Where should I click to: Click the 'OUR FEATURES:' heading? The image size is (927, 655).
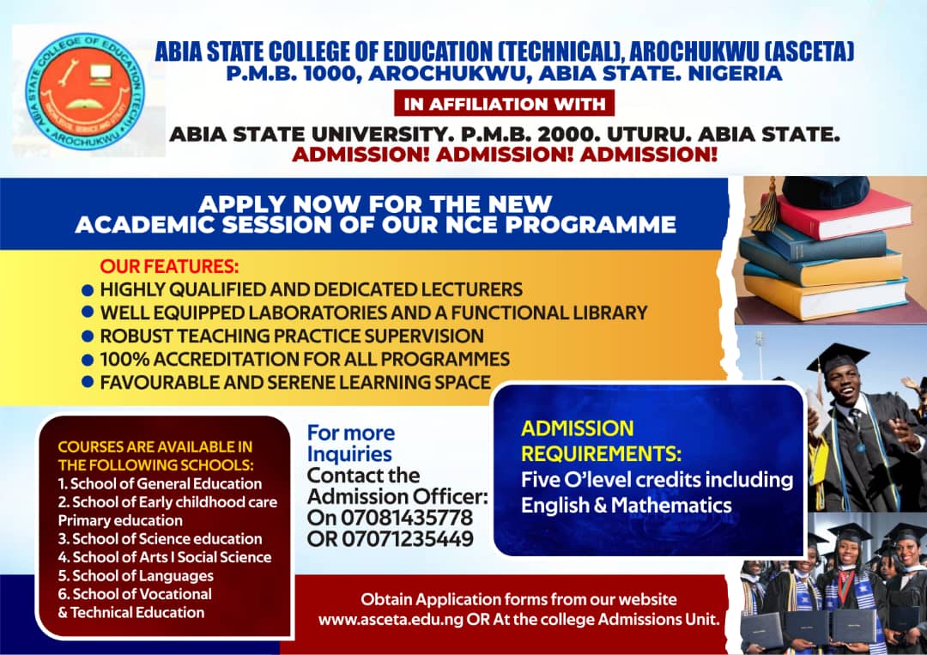[x=169, y=265]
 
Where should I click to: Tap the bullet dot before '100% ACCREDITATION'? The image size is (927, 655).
[x=87, y=360]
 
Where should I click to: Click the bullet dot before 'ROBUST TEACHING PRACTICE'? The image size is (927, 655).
[x=87, y=337]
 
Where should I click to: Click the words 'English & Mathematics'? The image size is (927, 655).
[x=627, y=505]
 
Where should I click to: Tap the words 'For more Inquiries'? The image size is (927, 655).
[x=351, y=443]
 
